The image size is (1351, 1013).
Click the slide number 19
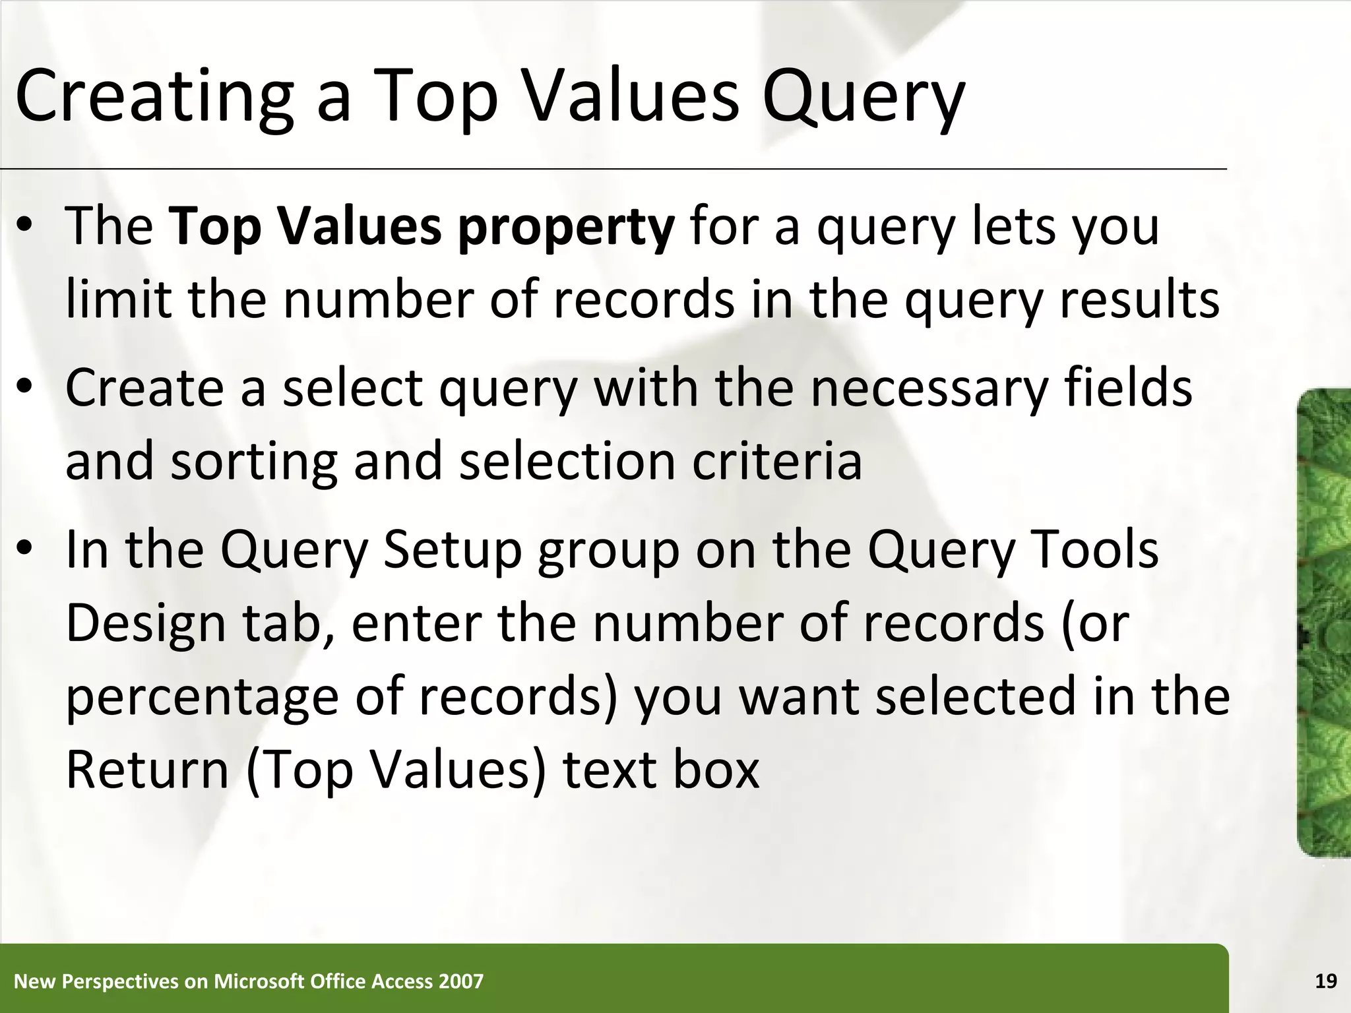[x=1326, y=981]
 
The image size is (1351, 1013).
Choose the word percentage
[x=202, y=698]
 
